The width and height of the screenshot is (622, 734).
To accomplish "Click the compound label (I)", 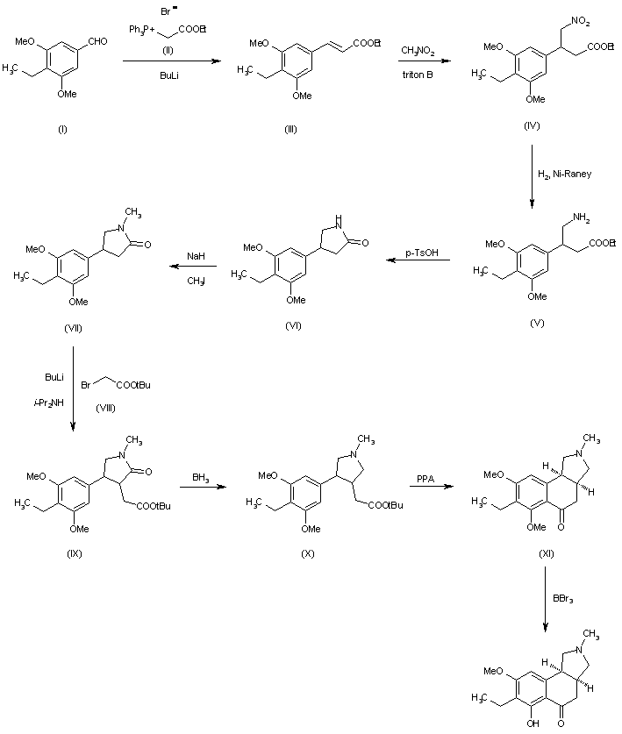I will point(62,129).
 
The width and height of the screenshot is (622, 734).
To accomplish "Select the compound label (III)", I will point(290,129).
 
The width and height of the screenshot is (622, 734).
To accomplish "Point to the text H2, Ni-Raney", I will point(570,174).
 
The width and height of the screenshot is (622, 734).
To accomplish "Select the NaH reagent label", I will point(196,256).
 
